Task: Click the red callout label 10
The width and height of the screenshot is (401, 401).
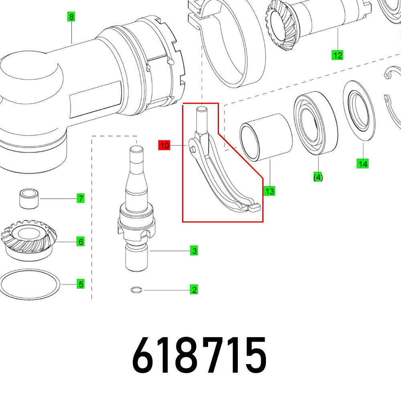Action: point(164,146)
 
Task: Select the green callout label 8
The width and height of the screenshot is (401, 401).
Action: point(71,17)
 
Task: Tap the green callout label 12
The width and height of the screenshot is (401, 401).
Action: point(338,55)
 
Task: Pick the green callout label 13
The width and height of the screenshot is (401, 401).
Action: point(270,191)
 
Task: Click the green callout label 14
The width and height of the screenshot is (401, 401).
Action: point(363,164)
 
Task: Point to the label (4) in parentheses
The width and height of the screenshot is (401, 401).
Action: point(318,177)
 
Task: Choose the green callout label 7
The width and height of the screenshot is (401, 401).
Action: point(81,198)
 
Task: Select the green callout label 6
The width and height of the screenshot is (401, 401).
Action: point(81,241)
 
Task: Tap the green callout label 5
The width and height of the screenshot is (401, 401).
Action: point(81,284)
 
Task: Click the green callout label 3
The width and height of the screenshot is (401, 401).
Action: point(194,251)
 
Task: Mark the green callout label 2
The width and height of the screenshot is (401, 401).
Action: point(194,290)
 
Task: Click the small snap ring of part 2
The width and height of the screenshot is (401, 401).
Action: point(137,290)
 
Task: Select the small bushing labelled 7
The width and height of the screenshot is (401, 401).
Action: point(29,198)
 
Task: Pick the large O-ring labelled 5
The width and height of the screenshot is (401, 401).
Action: point(30,284)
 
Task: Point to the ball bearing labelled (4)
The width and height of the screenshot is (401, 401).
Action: point(316,124)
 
